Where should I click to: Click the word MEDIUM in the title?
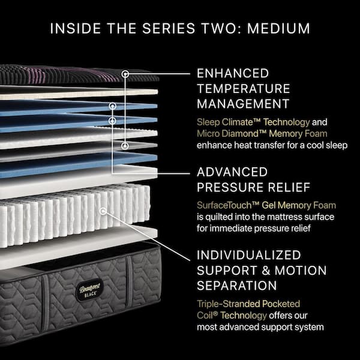coord(278,28)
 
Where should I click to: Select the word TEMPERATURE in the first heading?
coord(244,89)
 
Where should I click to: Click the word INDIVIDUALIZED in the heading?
coord(249,255)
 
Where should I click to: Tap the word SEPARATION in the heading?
coord(237,286)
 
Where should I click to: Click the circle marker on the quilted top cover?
coord(125,74)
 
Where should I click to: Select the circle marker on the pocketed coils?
coord(103,211)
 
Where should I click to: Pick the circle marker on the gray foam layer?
coord(125,146)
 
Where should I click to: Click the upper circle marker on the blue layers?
coord(112,106)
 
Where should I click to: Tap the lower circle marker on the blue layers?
coord(112,121)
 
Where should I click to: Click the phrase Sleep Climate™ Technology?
coord(253,122)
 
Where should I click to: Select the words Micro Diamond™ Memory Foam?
coord(262,134)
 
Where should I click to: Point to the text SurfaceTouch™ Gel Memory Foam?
coord(266,205)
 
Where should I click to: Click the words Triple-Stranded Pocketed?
coord(248,304)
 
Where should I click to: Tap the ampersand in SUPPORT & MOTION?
coord(266,271)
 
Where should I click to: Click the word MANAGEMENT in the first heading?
coord(243,104)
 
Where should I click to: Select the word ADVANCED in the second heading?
coord(232,172)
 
